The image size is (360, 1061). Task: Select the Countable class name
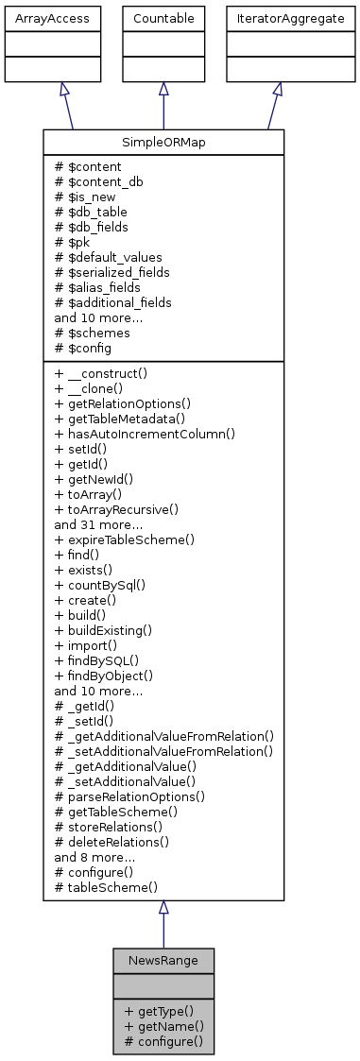click(x=163, y=18)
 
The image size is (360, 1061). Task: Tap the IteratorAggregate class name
click(x=277, y=18)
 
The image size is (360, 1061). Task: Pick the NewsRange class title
click(x=163, y=961)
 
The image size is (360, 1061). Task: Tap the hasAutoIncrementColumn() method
click(x=145, y=434)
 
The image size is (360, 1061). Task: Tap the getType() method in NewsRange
click(x=158, y=1011)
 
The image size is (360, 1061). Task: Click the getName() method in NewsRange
click(x=161, y=1026)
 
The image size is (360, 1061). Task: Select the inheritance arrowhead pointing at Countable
click(x=163, y=88)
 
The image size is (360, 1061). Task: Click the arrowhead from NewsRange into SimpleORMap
click(x=163, y=908)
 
